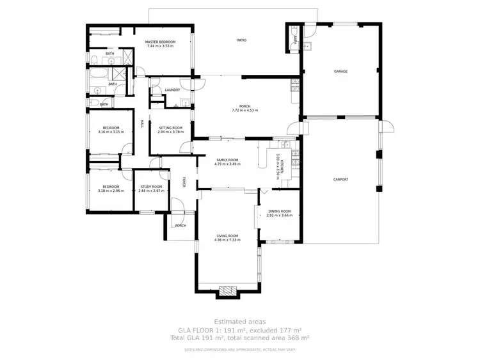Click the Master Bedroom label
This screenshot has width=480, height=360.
[160, 42]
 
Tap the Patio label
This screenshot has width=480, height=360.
[241, 40]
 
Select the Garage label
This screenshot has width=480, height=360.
[340, 71]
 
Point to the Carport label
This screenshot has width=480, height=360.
[340, 179]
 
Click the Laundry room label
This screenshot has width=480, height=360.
[172, 90]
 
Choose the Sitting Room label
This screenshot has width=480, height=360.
[170, 128]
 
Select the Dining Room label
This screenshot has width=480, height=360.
[279, 211]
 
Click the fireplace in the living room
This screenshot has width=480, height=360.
[228, 292]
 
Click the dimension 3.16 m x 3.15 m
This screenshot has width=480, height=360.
[110, 132]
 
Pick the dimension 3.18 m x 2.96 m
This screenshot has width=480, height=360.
[110, 191]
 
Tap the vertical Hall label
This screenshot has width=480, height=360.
[141, 123]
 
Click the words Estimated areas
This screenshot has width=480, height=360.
[240, 322]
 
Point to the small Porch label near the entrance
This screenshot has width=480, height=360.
[180, 226]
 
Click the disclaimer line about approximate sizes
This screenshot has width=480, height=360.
[240, 350]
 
